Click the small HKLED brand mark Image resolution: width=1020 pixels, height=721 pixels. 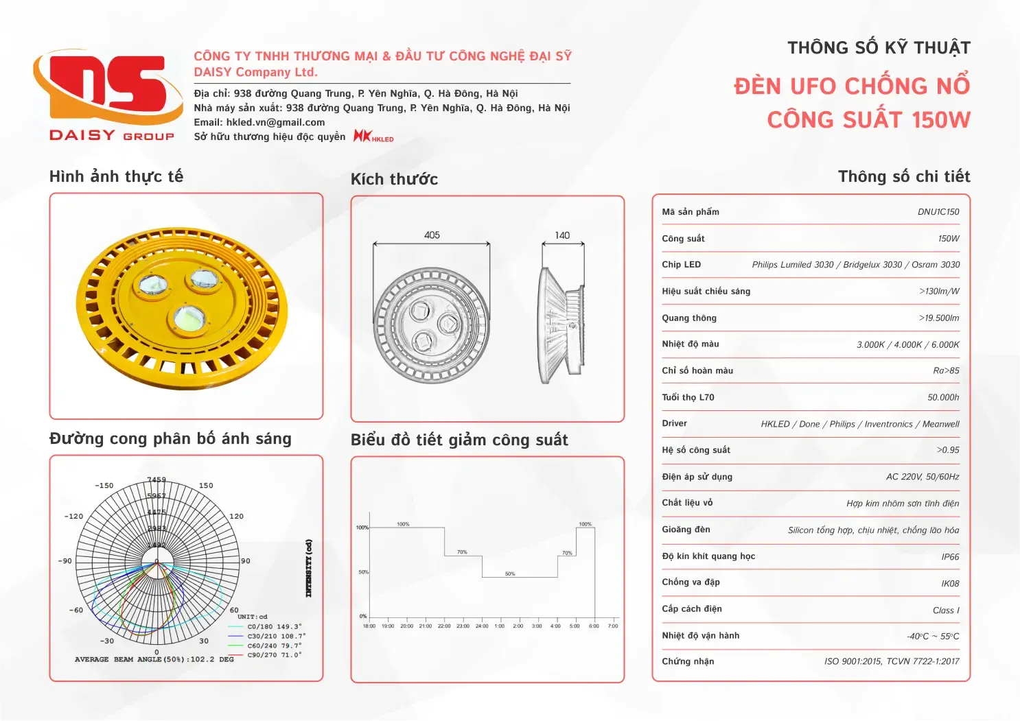[x=373, y=137]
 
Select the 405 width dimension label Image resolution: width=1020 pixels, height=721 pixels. [x=432, y=235]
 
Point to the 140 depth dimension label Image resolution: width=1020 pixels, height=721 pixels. [x=562, y=235]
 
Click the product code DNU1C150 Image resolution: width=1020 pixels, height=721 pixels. [x=938, y=212]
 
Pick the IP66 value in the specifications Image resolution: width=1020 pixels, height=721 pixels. [x=950, y=557]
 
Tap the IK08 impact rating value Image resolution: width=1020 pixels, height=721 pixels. [x=950, y=584]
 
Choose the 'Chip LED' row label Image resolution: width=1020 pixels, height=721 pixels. [x=681, y=265]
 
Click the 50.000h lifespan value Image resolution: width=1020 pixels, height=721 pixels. [x=943, y=398]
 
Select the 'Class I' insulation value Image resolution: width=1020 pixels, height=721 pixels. [x=946, y=611]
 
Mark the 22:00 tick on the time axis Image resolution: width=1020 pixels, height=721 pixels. [x=444, y=626]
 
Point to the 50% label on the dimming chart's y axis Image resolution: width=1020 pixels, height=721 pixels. [x=363, y=572]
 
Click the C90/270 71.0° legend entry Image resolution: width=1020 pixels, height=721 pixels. [x=275, y=655]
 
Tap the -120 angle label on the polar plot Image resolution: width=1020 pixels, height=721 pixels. [x=73, y=517]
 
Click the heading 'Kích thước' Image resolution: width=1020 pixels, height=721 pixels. [x=394, y=180]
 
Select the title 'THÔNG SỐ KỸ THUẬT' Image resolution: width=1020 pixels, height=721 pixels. [x=879, y=48]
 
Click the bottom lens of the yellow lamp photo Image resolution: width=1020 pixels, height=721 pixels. [x=189, y=317]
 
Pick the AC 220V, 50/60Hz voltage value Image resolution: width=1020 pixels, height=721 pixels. [x=923, y=477]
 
